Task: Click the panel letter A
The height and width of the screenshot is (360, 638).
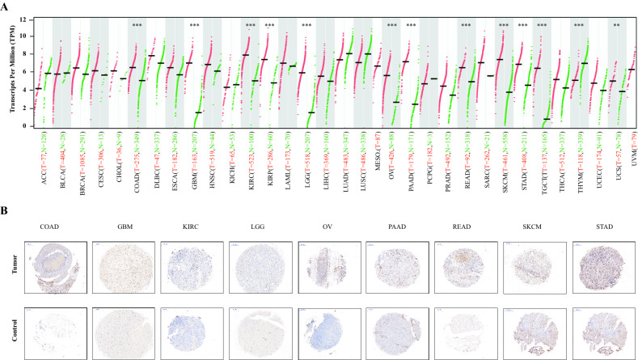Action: click(7, 6)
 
